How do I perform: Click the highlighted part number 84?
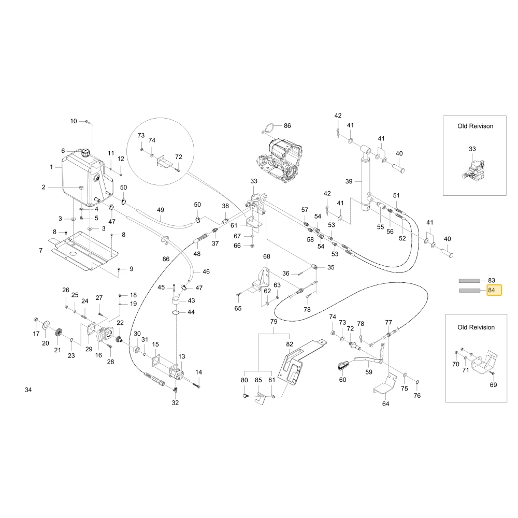[491, 290]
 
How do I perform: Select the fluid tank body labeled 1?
[87, 178]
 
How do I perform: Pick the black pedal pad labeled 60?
[342, 365]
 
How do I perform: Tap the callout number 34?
[28, 390]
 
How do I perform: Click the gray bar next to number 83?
[469, 281]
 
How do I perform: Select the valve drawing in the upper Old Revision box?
[474, 170]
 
